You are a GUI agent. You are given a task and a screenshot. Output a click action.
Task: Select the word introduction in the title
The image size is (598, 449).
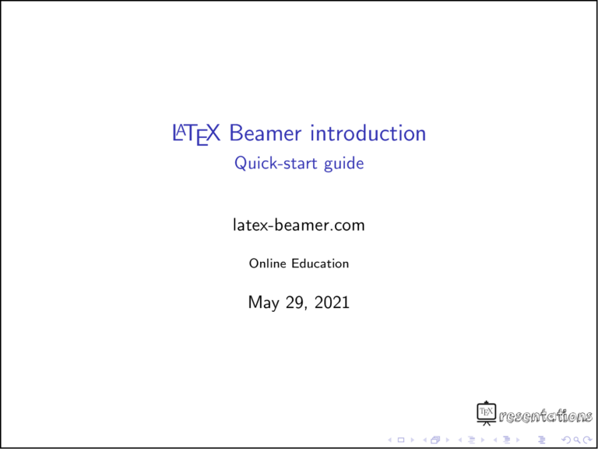(x=368, y=133)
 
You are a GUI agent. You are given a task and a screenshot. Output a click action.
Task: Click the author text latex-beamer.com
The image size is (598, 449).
(x=299, y=226)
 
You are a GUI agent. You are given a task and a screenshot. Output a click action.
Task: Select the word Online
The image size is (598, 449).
(x=268, y=263)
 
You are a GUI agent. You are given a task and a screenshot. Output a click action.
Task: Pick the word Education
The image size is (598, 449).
(x=320, y=263)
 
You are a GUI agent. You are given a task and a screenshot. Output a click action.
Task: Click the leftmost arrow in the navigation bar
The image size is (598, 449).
(x=389, y=440)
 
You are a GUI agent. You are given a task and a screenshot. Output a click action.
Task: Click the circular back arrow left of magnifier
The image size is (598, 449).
(x=565, y=440)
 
